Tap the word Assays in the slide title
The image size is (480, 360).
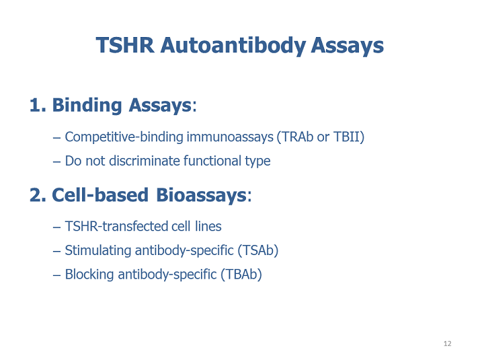click(348, 46)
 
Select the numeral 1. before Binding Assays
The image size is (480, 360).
click(38, 105)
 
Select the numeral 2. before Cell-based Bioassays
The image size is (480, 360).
click(38, 195)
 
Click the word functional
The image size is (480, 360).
click(216, 161)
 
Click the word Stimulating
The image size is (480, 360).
click(98, 250)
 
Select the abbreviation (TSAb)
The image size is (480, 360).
click(257, 250)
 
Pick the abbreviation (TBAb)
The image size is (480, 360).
click(241, 275)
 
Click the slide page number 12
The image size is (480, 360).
click(448, 344)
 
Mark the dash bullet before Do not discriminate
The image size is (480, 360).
click(56, 161)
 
